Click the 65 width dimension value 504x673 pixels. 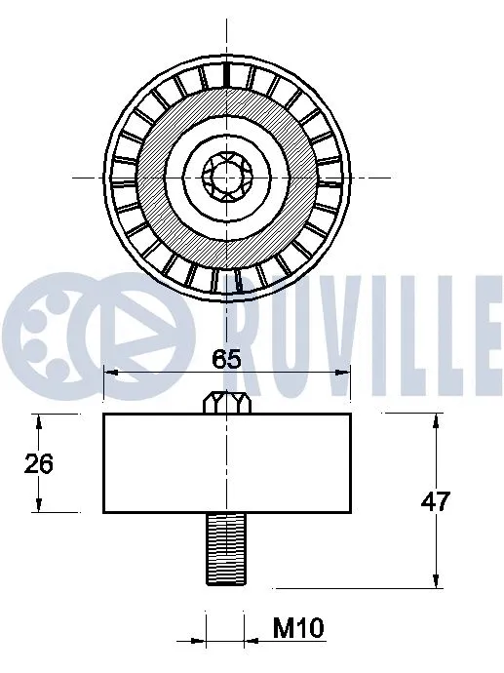(226, 358)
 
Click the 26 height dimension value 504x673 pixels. (39, 463)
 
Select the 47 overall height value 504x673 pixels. (435, 501)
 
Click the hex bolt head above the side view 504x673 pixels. (226, 401)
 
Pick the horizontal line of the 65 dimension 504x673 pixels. (283, 372)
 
